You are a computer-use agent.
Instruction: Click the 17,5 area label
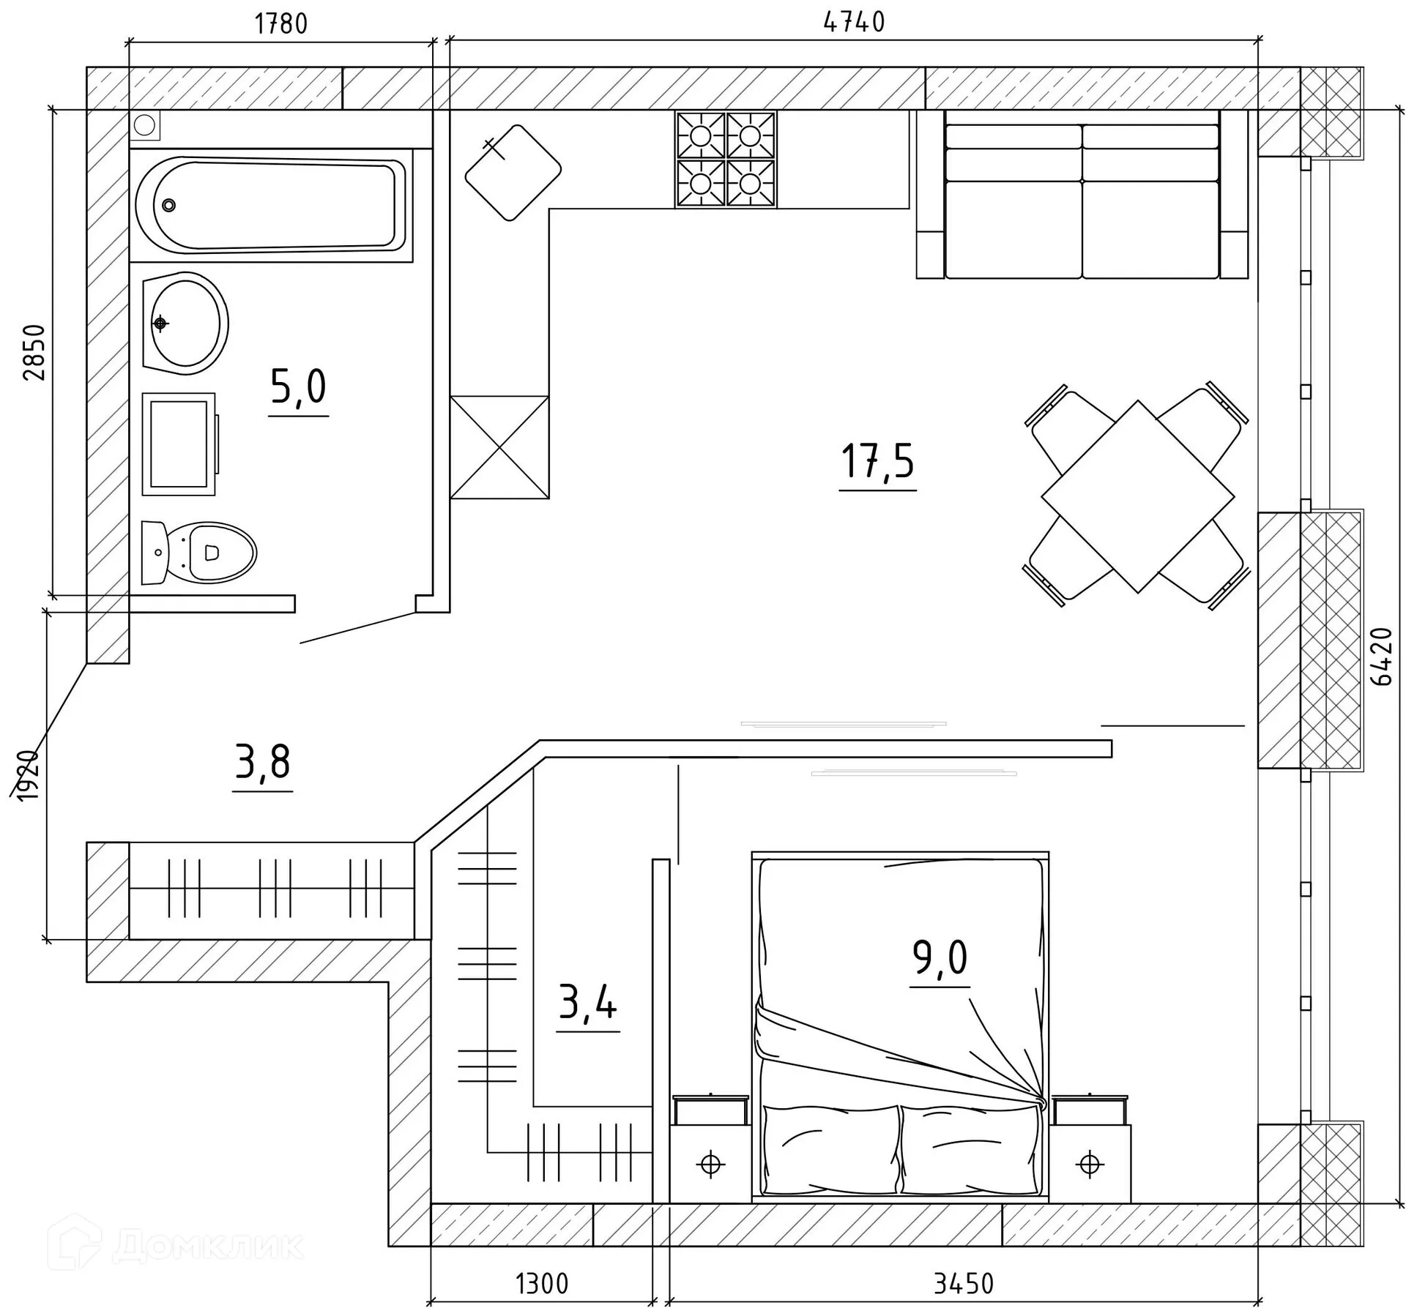(x=877, y=462)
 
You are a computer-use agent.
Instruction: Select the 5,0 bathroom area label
(x=298, y=386)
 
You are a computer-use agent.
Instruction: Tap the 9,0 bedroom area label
(x=940, y=957)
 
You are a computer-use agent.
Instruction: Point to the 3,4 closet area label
(x=587, y=1002)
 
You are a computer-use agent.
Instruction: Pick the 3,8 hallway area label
(x=263, y=762)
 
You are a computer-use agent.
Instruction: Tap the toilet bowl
(x=198, y=553)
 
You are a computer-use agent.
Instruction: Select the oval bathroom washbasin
(x=185, y=324)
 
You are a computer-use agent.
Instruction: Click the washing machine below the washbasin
(x=179, y=444)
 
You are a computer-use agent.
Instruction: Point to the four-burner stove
(x=726, y=160)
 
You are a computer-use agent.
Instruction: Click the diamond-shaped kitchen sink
(x=513, y=172)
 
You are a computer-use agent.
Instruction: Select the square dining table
(x=1138, y=496)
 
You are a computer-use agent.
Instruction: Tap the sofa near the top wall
(x=1082, y=195)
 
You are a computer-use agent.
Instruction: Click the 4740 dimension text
(x=854, y=23)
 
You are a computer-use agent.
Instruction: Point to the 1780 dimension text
(x=281, y=24)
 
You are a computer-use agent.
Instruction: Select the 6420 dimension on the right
(x=1381, y=656)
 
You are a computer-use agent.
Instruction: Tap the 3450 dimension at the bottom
(x=964, y=1284)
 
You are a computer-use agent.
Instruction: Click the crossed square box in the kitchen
(x=499, y=447)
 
